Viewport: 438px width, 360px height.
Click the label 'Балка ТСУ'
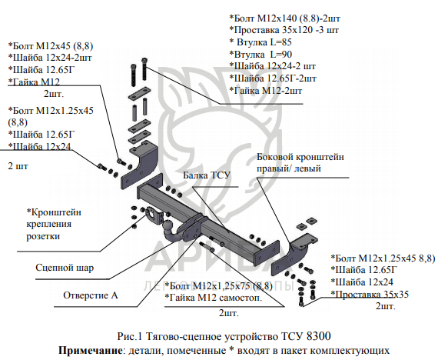(207, 175)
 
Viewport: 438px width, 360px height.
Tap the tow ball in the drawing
(169, 225)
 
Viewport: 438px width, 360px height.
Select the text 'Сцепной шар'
(65, 268)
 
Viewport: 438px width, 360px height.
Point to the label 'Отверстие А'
(91, 295)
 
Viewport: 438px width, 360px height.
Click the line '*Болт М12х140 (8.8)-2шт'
(284, 18)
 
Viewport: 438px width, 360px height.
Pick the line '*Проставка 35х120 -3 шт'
(284, 30)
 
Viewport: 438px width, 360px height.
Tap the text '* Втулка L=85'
(260, 42)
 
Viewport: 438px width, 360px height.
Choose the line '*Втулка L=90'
(260, 55)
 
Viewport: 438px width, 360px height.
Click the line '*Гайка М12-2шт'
(266, 91)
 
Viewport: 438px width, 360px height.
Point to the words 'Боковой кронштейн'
(300, 157)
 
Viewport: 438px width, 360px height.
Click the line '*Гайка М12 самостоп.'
(214, 298)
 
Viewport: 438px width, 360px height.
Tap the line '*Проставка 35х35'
(370, 295)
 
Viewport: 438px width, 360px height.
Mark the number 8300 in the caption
(318, 336)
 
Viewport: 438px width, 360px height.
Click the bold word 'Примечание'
(90, 350)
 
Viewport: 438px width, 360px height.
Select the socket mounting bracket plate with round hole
(154, 215)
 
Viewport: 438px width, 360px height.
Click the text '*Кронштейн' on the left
(54, 212)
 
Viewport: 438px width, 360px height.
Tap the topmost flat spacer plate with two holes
(139, 94)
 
